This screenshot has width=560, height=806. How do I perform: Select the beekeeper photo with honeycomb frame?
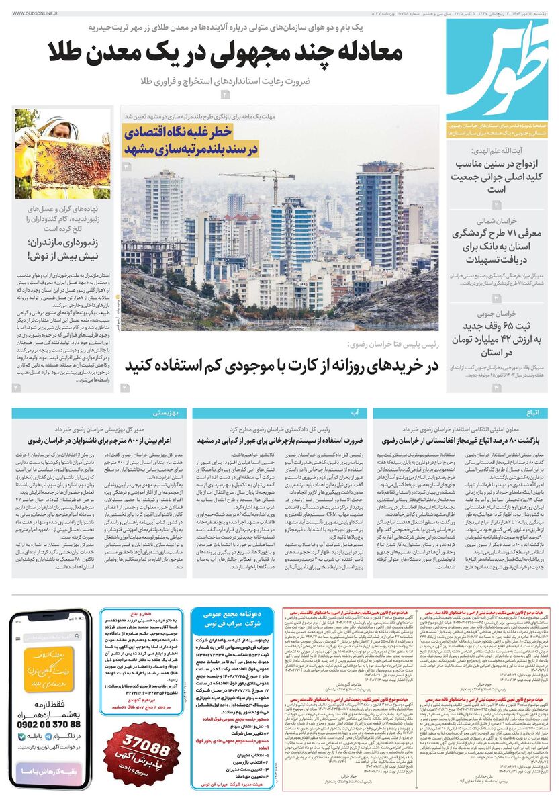[x=63, y=154]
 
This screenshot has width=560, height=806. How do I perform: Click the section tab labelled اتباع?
[x=529, y=412]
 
